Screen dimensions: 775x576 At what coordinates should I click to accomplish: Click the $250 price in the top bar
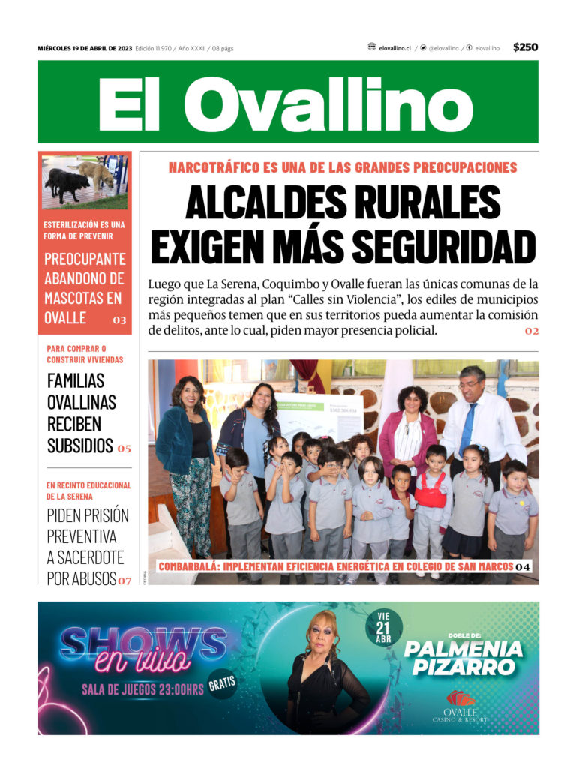pyautogui.click(x=525, y=47)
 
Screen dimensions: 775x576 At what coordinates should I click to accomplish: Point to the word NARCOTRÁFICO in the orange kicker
pyautogui.click(x=217, y=167)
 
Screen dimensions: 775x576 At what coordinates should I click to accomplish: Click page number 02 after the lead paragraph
pyautogui.click(x=531, y=331)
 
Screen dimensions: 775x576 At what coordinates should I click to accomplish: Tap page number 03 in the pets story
pyautogui.click(x=119, y=320)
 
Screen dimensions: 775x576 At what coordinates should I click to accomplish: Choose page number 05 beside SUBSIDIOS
pyautogui.click(x=124, y=449)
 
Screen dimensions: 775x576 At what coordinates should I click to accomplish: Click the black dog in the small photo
pyautogui.click(x=67, y=184)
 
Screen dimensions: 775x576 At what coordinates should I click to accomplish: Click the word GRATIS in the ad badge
pyautogui.click(x=223, y=683)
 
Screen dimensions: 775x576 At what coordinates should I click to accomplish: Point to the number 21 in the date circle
pyautogui.click(x=384, y=627)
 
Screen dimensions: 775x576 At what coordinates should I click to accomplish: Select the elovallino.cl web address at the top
pyautogui.click(x=394, y=48)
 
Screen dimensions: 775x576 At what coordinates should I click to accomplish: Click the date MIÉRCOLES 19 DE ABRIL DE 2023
pyautogui.click(x=85, y=48)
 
